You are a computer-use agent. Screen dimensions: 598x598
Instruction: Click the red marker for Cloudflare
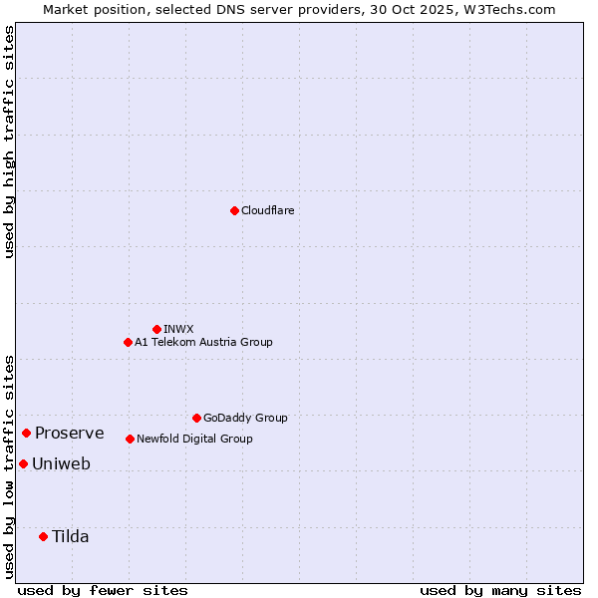234,210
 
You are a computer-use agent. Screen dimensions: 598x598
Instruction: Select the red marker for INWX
156,329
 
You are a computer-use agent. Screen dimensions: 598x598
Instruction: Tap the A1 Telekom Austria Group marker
128,342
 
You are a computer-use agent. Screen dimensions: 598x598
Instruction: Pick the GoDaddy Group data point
196,418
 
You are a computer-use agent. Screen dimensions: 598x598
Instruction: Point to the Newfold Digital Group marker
130,439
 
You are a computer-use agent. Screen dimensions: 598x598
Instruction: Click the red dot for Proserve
26,433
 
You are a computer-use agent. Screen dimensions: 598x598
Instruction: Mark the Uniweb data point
23,463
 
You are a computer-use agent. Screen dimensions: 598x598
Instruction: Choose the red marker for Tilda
43,536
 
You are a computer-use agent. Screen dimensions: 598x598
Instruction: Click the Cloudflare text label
268,210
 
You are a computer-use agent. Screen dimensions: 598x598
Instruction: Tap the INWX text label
179,329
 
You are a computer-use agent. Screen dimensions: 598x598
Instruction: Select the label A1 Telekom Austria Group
203,342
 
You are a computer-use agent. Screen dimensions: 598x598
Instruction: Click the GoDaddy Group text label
245,418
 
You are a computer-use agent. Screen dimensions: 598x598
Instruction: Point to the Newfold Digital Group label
194,439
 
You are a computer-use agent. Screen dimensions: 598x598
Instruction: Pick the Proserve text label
70,433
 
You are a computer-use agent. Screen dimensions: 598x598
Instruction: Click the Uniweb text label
62,463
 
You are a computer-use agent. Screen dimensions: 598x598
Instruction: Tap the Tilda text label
71,536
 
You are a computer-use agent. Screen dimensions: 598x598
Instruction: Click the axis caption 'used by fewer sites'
103,590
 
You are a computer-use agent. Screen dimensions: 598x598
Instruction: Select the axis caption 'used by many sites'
500,590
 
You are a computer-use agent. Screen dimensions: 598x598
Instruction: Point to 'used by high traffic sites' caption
9,142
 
